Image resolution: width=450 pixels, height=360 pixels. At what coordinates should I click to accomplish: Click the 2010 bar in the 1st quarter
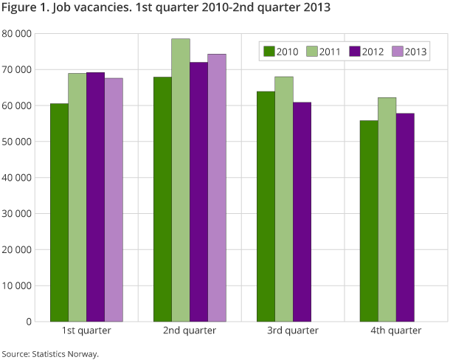click(x=60, y=212)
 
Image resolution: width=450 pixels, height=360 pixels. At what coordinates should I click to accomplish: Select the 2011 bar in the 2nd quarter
click(x=181, y=180)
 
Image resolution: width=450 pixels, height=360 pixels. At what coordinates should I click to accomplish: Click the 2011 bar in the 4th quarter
click(x=387, y=210)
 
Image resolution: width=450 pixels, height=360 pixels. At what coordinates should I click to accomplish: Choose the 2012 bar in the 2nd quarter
click(x=198, y=192)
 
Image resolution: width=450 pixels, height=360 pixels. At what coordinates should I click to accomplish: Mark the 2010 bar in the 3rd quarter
click(x=266, y=207)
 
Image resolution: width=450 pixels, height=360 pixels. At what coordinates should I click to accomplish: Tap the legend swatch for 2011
click(x=312, y=52)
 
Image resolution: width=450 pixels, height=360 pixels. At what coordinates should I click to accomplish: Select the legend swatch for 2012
click(x=354, y=52)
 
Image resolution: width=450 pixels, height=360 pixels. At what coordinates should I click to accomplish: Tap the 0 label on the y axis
click(x=28, y=322)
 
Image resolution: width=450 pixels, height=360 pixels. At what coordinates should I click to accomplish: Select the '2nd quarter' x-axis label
click(x=190, y=331)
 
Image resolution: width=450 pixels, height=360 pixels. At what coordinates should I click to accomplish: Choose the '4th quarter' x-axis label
click(x=396, y=331)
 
